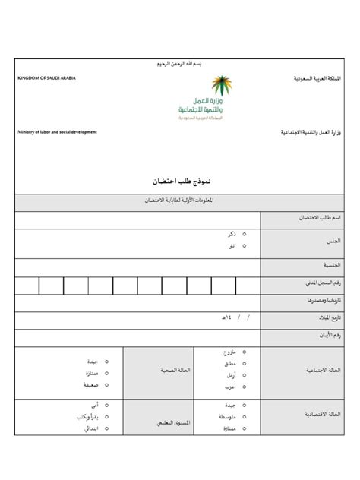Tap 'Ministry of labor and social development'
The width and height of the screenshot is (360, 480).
58,131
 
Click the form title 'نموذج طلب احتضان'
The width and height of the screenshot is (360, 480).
181,182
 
